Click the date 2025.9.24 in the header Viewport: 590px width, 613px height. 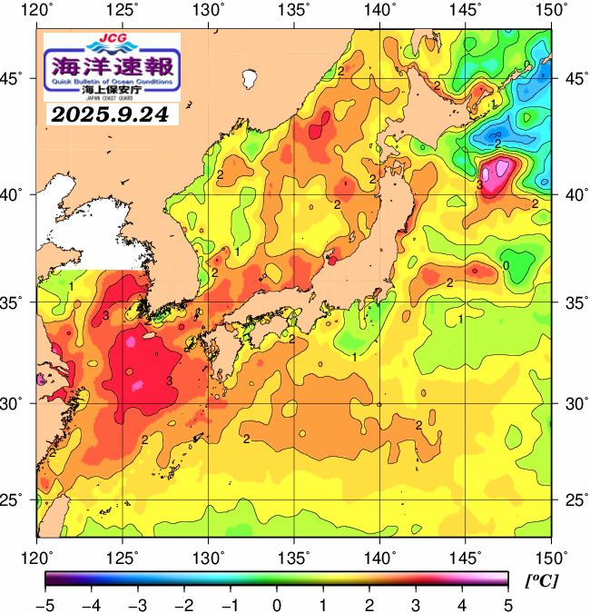112,114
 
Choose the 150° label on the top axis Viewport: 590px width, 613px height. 552,10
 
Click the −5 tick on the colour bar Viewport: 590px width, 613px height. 44,605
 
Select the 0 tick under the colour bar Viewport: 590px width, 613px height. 275,605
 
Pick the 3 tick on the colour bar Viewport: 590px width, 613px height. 415,605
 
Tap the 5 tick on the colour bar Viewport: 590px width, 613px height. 507,605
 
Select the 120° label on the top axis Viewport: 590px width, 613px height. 37,10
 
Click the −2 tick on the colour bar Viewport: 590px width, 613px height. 182,605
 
